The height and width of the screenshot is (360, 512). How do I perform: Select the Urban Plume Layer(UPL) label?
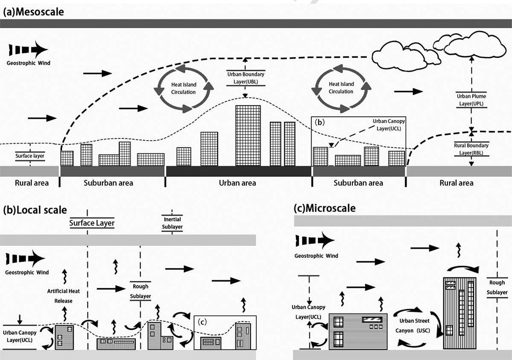pos(471,100)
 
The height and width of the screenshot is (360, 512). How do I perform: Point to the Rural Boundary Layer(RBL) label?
pos(471,148)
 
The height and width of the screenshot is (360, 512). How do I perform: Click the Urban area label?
pos(238,183)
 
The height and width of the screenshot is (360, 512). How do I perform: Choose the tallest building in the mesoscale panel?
pos(248,135)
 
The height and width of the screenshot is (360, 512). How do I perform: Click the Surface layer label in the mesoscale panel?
pos(29,156)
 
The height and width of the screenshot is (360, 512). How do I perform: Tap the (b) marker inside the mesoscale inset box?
pos(320,122)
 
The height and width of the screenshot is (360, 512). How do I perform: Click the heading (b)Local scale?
pos(35,210)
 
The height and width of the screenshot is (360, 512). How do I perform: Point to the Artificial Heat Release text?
pos(64,296)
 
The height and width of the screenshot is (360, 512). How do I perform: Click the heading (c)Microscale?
pos(325,208)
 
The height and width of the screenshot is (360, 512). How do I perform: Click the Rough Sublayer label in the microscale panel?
pos(497,287)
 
